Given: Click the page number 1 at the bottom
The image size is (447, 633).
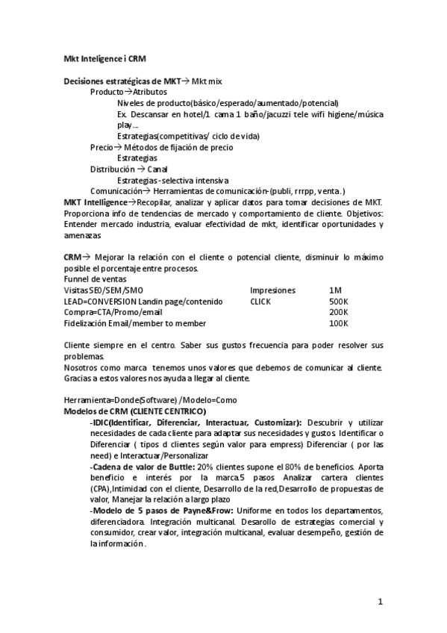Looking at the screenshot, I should pos(380,601).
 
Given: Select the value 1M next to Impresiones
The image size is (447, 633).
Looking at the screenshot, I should pos(336,290).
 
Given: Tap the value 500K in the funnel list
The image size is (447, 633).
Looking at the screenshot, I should pos(339,301).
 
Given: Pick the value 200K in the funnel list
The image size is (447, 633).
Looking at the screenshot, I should pos(339,312).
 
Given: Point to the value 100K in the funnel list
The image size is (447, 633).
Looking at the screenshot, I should pos(339,323).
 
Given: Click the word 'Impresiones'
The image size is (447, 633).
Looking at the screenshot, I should pos(272,290).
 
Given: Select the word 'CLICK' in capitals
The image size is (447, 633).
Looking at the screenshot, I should pos(260,301).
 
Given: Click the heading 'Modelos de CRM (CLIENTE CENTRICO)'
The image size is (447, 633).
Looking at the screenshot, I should pos(135,411).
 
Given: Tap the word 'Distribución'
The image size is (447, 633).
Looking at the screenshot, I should pos(113,169).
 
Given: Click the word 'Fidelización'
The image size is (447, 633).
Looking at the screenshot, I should pos(86,323).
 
